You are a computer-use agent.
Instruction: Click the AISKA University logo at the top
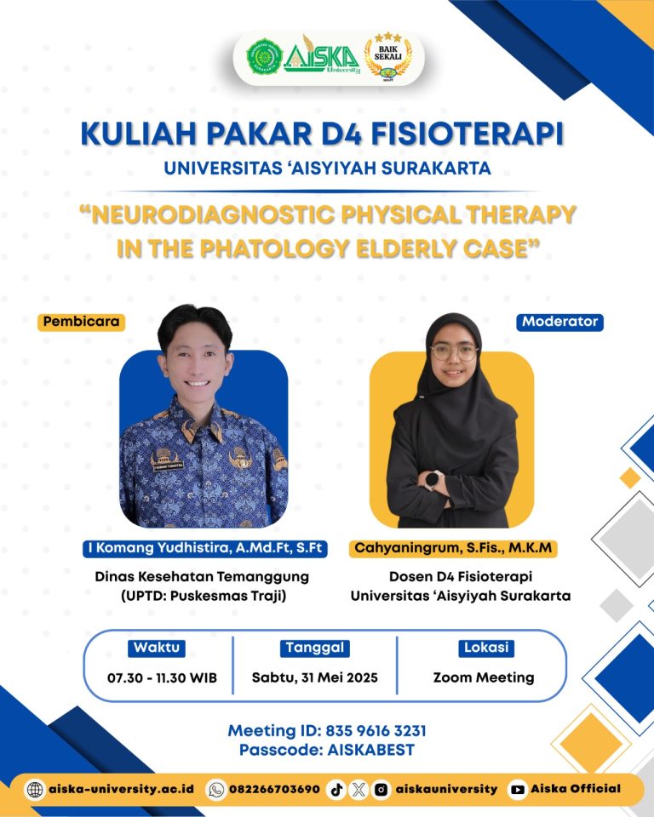coord(322,55)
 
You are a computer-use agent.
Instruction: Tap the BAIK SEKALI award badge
coord(388,56)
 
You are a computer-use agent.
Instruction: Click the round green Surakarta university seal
coord(265,56)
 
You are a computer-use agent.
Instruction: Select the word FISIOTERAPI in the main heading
coord(468,134)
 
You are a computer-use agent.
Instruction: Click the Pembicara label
coord(82,322)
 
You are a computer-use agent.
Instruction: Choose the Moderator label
coord(560,322)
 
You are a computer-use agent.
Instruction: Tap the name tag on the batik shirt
coord(168,465)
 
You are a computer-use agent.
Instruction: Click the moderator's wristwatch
coord(433,479)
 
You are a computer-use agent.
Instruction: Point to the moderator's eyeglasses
coord(454,352)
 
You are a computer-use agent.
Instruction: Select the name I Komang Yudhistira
coord(159,547)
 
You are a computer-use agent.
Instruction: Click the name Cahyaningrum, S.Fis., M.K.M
coord(453,547)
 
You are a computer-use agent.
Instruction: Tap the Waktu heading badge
coord(157,648)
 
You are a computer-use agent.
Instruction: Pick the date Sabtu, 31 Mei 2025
coord(315,677)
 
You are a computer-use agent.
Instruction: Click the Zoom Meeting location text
coord(484,677)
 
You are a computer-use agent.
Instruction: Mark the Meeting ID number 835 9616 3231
coord(376,730)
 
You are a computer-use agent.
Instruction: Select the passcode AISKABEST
coord(370,750)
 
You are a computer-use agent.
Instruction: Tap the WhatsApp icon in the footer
coord(216,790)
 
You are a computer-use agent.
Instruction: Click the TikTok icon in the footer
coord(336,790)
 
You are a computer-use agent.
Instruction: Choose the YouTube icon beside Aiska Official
coord(518,790)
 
